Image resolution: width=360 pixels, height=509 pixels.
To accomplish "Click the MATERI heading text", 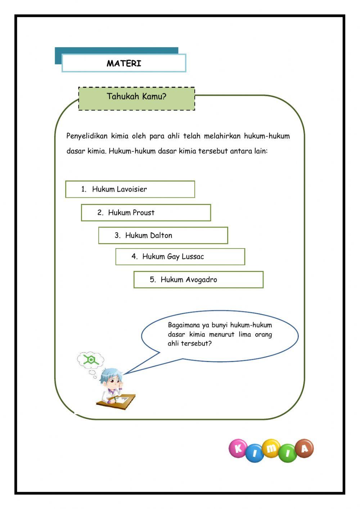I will coord(124,63).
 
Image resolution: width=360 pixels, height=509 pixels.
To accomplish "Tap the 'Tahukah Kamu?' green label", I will coord(136,97).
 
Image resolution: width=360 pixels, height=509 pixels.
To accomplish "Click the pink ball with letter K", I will coord(238,448).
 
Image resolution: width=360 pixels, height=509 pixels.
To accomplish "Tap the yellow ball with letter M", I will coord(271,448).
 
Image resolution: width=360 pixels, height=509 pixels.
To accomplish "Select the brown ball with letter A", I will coord(305,448).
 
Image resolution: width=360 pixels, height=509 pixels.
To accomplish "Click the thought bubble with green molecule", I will coord(91,360).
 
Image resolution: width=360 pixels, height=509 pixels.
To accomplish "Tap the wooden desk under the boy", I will coord(119,401).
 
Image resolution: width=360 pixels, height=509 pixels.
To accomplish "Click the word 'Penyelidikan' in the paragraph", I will coord(87,136).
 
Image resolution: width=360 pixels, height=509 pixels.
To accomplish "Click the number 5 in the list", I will coord(152,280).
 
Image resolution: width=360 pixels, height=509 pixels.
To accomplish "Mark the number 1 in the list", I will coord(84,189).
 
